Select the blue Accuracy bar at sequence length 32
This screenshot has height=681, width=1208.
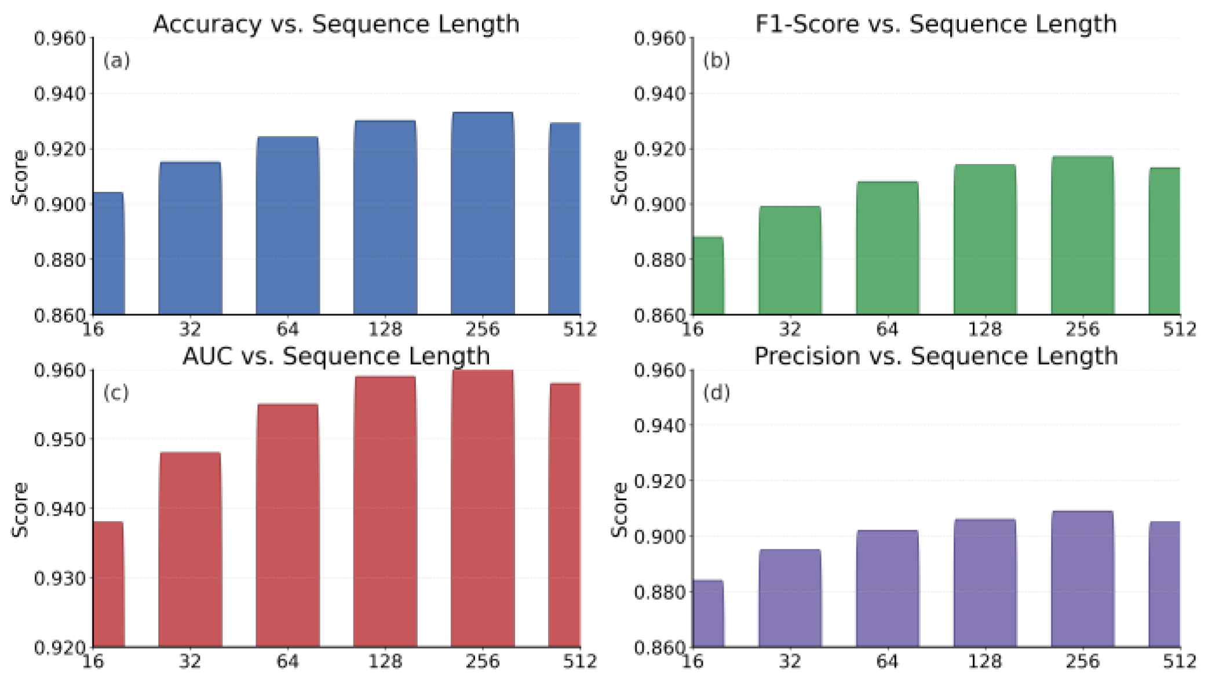(x=190, y=238)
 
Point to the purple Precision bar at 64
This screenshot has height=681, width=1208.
(x=887, y=588)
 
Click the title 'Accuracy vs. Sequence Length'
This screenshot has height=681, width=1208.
(x=336, y=24)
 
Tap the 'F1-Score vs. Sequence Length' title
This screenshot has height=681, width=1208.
(x=936, y=24)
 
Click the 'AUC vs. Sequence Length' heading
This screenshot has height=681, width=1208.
(x=336, y=356)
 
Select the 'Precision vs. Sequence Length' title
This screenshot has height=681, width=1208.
(x=936, y=356)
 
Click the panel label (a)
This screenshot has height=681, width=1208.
(x=116, y=60)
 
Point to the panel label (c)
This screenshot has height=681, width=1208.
(x=116, y=393)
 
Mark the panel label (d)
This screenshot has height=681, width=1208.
(x=716, y=393)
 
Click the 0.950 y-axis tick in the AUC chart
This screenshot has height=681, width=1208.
(x=60, y=439)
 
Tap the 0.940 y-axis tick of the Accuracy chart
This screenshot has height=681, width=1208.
(x=60, y=93)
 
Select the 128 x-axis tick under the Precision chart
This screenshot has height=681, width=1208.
(x=985, y=661)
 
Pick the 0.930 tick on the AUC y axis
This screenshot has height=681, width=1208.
(x=60, y=578)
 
